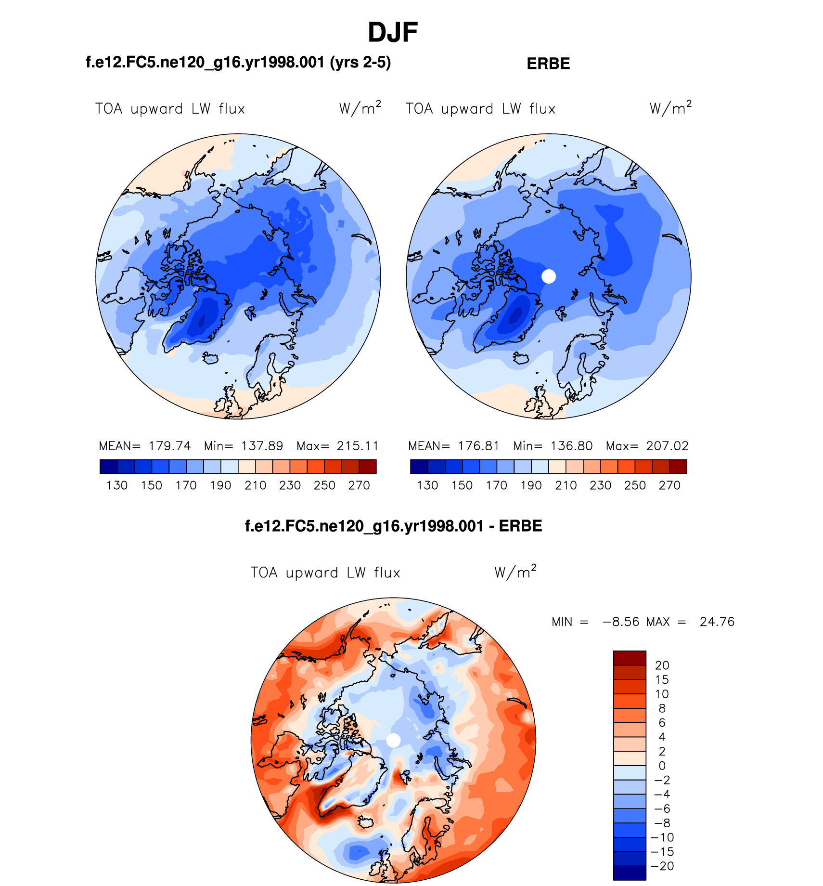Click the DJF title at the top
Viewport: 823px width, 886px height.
pos(393,33)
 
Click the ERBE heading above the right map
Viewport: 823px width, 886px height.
pos(548,64)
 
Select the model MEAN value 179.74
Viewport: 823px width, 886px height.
pos(169,446)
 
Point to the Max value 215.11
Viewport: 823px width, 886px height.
pos(358,446)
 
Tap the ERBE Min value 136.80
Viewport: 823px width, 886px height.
pos(571,446)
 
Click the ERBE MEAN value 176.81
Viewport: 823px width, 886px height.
pos(478,446)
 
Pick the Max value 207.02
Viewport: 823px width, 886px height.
pos(667,446)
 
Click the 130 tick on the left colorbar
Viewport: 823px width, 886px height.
pos(117,485)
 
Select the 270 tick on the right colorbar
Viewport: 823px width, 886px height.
pos(669,485)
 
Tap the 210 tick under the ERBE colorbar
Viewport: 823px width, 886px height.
pos(566,485)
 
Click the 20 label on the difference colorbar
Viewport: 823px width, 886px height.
pos(662,665)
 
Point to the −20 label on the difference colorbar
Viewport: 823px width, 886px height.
pos(662,866)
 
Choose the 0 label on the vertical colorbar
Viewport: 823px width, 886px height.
pos(662,766)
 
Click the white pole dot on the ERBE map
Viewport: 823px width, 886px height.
pos(549,276)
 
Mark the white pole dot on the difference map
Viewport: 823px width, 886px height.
pos(393,740)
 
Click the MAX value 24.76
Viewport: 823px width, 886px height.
pos(717,622)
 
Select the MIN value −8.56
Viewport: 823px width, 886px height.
pos(621,622)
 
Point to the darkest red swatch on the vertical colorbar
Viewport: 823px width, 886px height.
pos(630,658)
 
